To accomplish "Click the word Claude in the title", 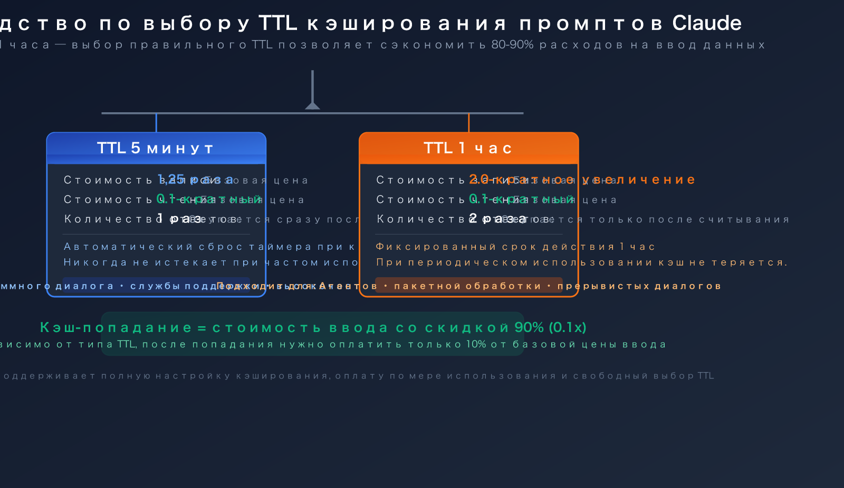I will [706, 23].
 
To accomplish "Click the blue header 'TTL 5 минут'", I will [156, 148].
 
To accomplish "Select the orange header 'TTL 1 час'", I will [468, 148].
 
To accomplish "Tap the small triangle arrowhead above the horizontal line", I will [312, 105].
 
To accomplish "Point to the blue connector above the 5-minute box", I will [156, 123].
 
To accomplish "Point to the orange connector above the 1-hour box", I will [468, 123].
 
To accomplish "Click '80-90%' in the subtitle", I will [512, 45].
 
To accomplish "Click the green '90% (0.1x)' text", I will [550, 327].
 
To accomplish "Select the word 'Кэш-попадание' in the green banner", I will [116, 327].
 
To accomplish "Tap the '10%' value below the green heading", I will [476, 344].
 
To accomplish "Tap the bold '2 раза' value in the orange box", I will [497, 218].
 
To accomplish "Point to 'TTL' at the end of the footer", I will [705, 376].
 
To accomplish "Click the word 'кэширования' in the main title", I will [407, 23].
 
